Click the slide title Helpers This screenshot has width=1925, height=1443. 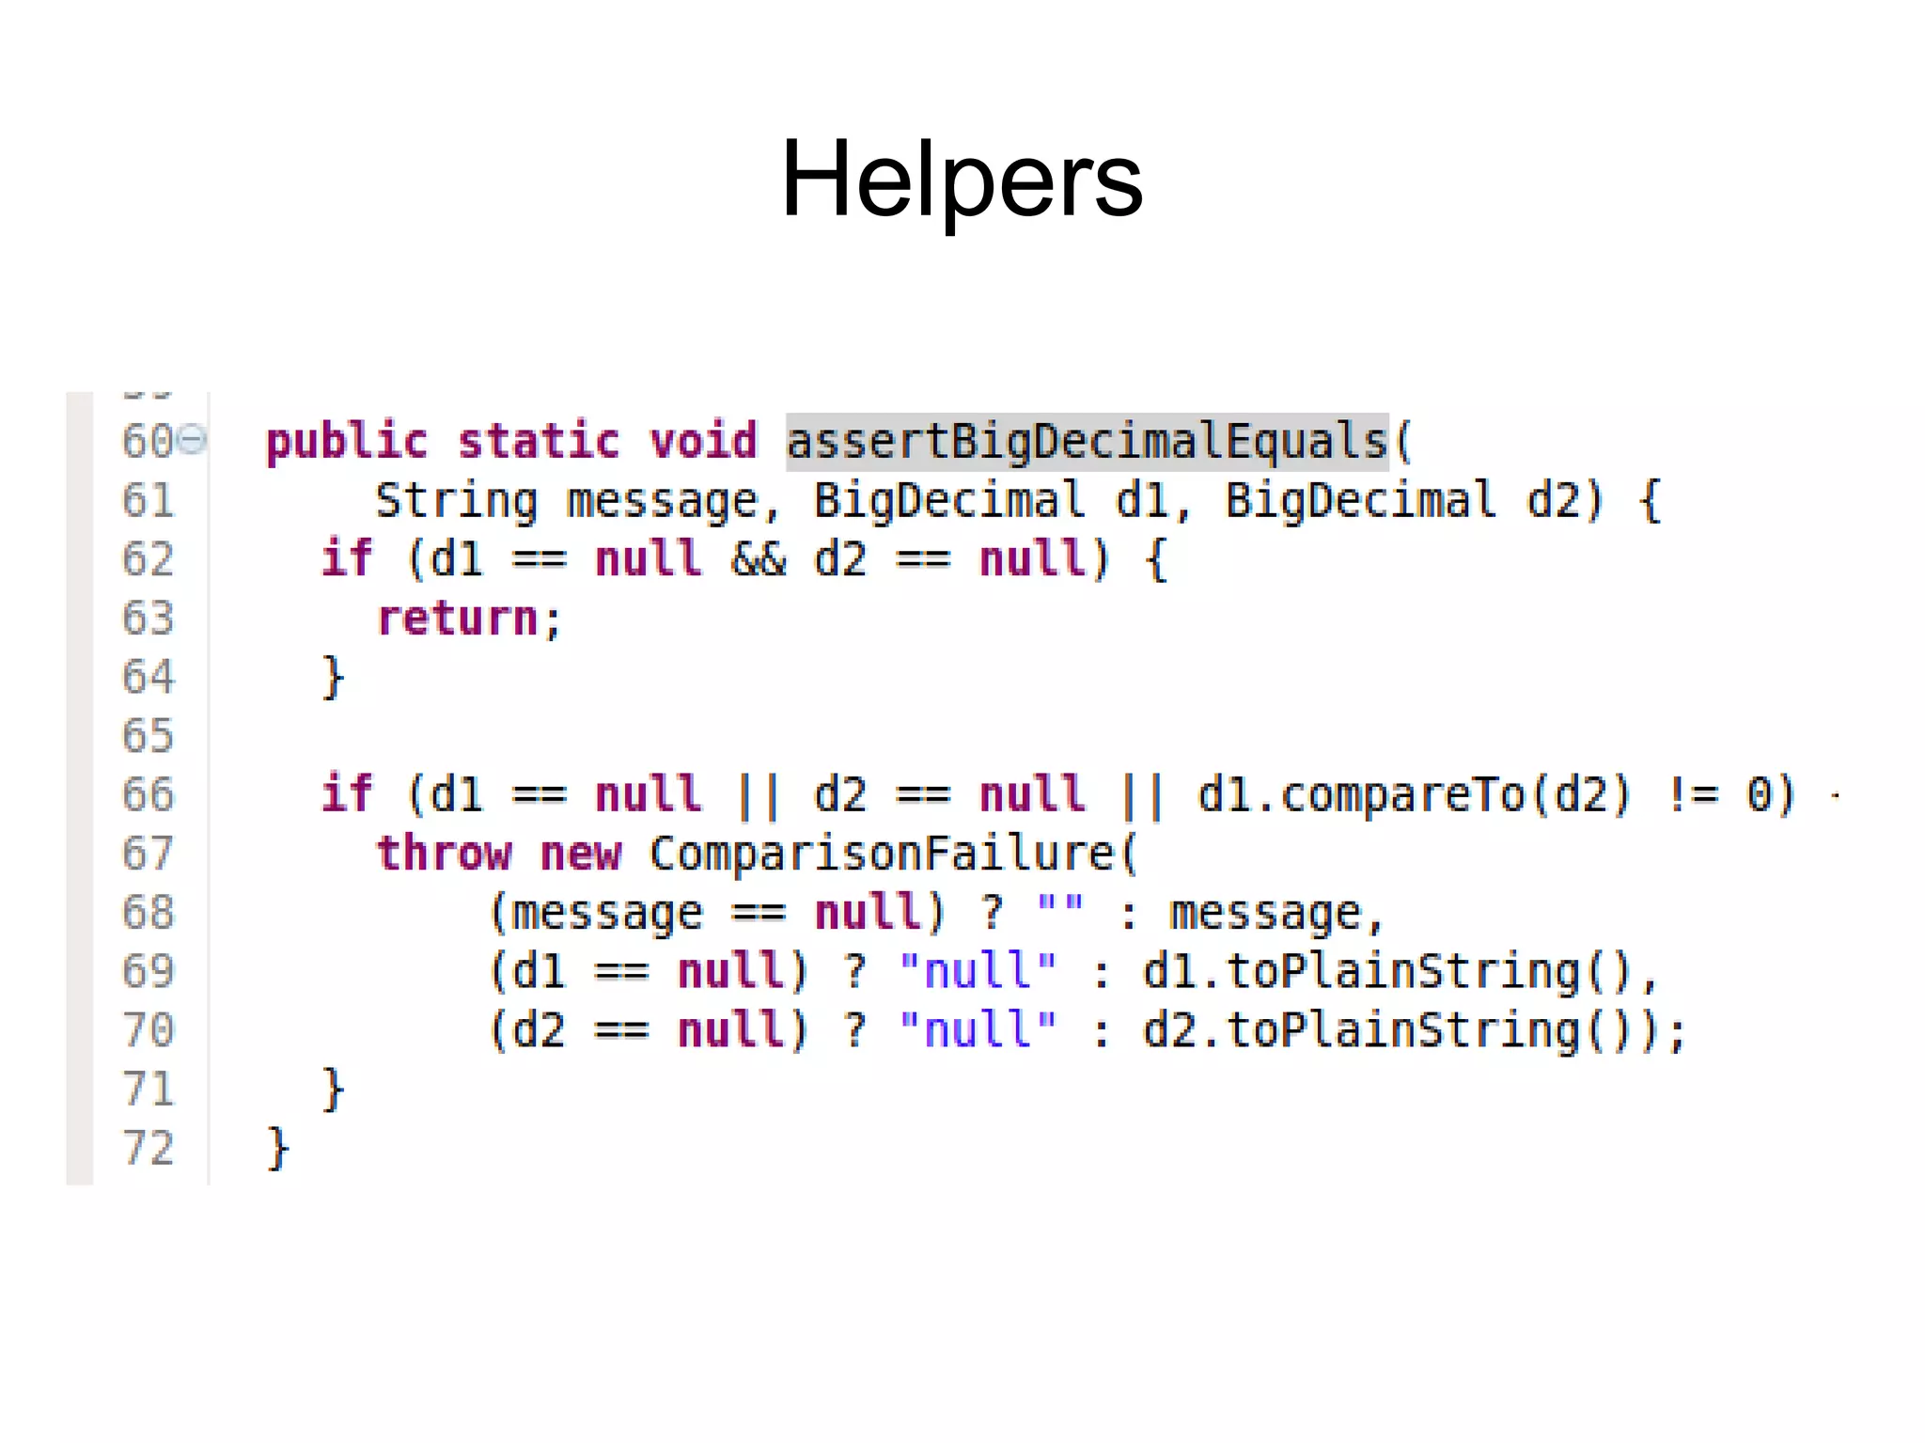click(x=962, y=179)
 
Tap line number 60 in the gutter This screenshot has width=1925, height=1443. click(x=148, y=441)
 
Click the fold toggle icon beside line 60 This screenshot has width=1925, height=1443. click(x=192, y=439)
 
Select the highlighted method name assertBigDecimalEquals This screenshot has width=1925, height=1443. click(x=1087, y=441)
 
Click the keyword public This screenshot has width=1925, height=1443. click(x=346, y=442)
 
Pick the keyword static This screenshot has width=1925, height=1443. click(x=538, y=441)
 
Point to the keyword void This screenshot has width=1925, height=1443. click(x=703, y=441)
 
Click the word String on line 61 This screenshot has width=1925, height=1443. click(x=456, y=500)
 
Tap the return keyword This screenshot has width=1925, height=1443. click(x=457, y=619)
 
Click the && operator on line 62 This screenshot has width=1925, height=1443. click(x=758, y=559)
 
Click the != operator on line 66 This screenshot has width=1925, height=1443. click(x=1692, y=795)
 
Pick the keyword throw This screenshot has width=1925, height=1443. click(x=444, y=854)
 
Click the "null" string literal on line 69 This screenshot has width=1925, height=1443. click(x=978, y=971)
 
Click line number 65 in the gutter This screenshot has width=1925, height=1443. click(x=148, y=735)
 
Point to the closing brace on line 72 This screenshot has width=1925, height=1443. click(x=277, y=1148)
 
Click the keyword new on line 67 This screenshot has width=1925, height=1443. click(x=581, y=854)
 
